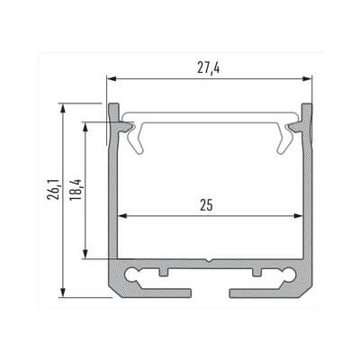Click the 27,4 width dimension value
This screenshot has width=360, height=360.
209,66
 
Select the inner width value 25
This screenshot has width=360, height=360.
208,205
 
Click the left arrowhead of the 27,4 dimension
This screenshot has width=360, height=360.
111,78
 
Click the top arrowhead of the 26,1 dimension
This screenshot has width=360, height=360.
62,104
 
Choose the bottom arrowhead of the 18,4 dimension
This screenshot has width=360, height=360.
86,256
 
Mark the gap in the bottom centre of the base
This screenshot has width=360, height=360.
212,292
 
